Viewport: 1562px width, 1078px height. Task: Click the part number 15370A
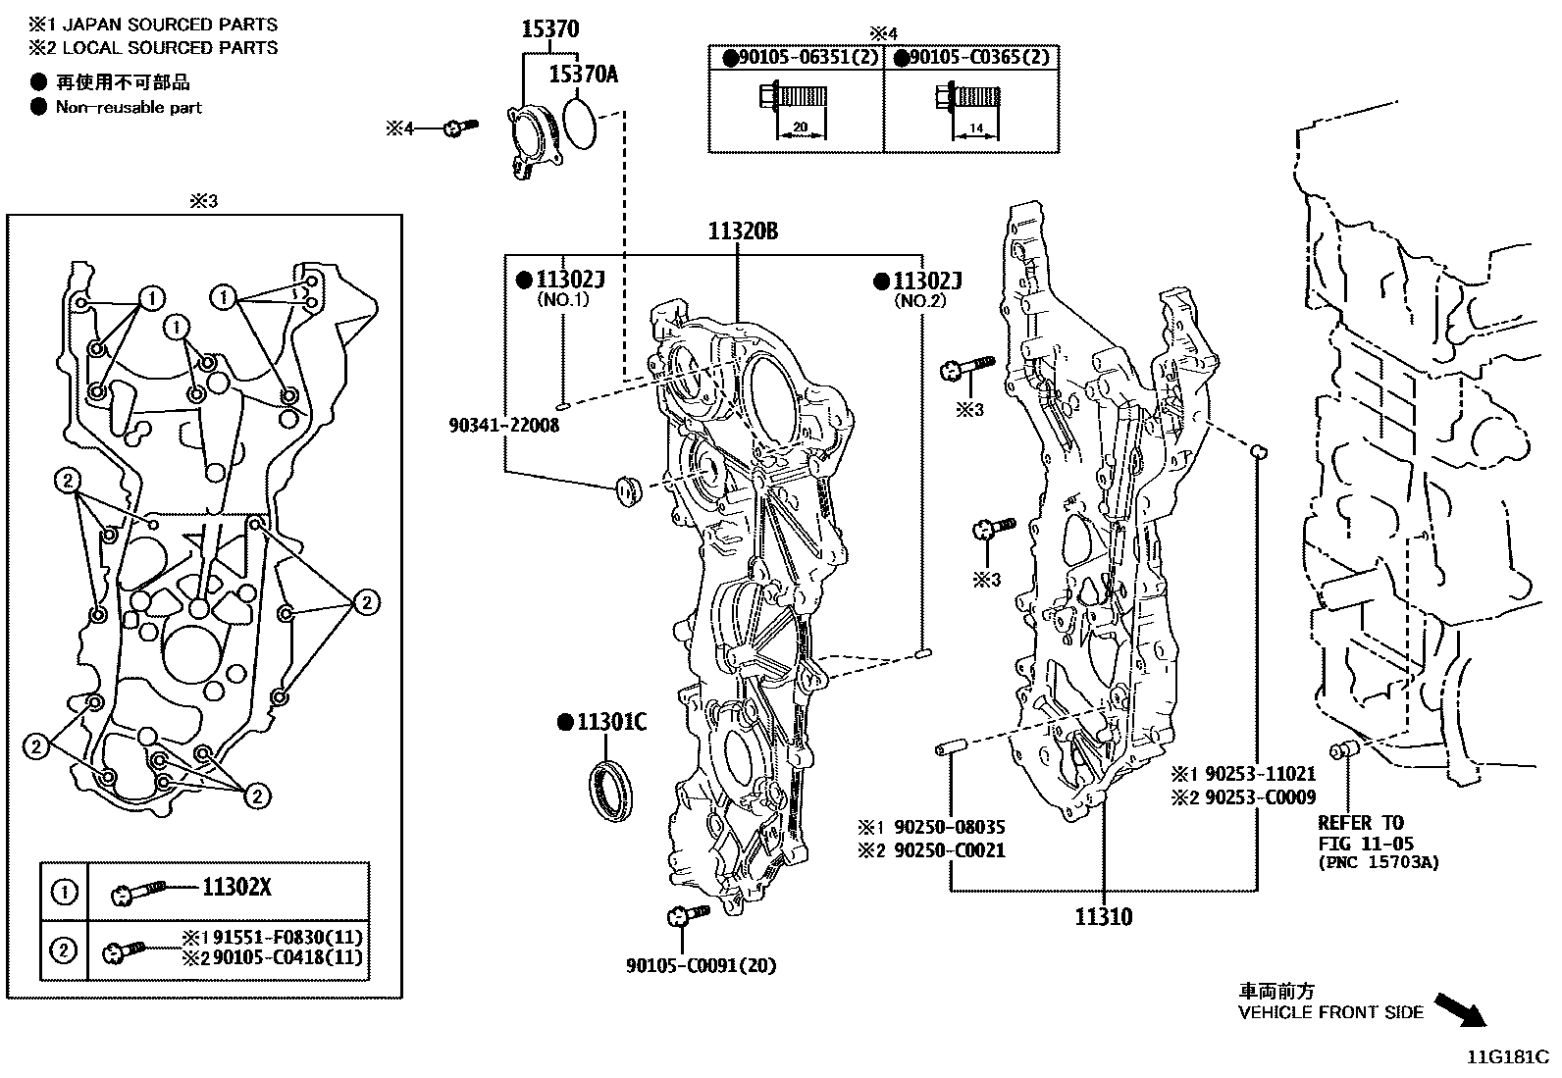tap(583, 74)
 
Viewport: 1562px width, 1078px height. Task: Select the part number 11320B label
tap(744, 232)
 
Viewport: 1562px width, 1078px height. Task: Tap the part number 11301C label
tap(611, 724)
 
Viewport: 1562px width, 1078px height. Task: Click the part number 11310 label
tap(1103, 917)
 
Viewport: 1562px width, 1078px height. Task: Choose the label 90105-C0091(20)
tap(701, 965)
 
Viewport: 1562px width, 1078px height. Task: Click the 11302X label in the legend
tap(235, 888)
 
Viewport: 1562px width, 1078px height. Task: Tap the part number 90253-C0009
tap(1260, 797)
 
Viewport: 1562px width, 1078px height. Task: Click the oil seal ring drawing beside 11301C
tap(611, 786)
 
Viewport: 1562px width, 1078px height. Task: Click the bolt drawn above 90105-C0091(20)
tap(687, 916)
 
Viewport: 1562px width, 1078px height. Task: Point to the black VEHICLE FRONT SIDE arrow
tap(1460, 1009)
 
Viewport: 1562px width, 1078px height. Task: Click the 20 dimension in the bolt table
tap(801, 127)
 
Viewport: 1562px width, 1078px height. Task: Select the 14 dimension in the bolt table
tap(975, 128)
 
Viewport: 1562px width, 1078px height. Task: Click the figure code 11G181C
tap(1507, 1057)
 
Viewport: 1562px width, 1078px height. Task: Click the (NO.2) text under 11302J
tap(918, 301)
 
